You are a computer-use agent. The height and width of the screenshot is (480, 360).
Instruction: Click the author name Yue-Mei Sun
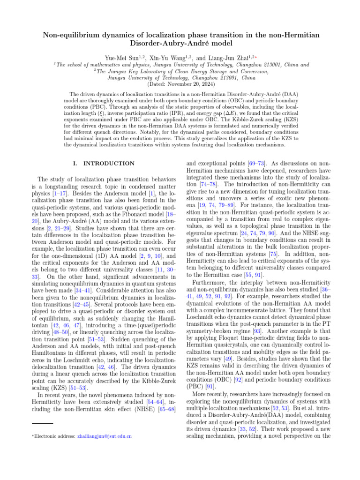pyautogui.click(x=118, y=58)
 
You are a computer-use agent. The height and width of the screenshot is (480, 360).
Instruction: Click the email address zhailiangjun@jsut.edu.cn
pyautogui.click(x=104, y=436)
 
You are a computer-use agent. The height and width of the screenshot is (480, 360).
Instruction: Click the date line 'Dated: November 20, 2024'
pyautogui.click(x=180, y=85)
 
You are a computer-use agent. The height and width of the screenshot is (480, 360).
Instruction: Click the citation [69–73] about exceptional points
pyautogui.click(x=255, y=163)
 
